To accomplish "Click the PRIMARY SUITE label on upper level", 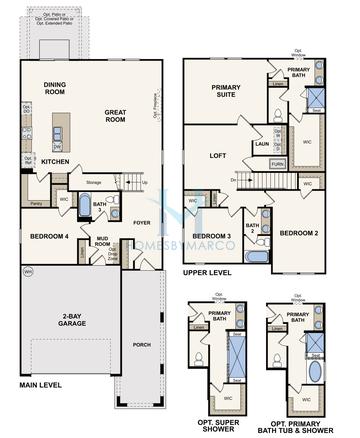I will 228,91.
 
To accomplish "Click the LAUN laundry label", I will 261,144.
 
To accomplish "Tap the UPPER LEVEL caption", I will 209,271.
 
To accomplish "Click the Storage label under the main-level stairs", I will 94,182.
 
